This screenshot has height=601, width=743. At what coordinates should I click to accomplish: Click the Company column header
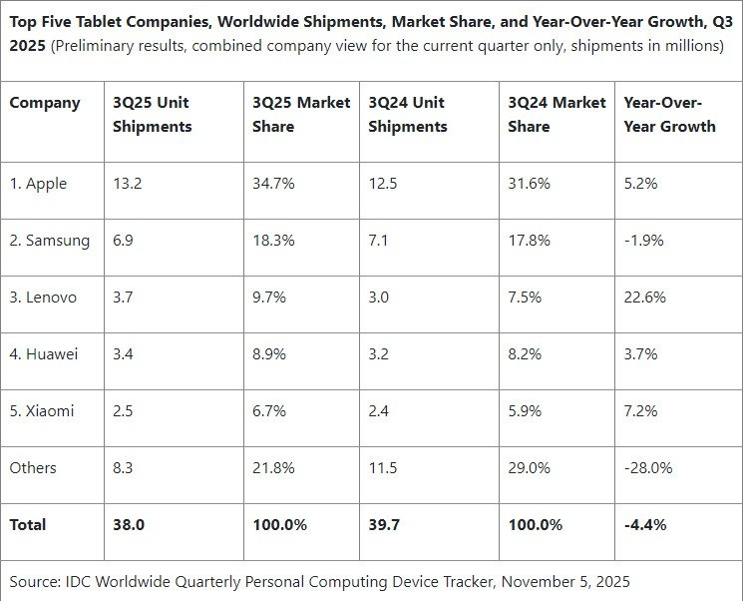45,103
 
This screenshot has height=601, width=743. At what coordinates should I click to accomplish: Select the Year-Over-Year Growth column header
669,114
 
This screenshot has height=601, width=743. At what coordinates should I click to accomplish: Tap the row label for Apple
41,184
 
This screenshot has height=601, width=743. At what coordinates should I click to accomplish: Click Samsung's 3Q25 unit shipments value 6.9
124,241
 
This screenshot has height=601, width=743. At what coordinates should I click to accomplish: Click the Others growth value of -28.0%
648,468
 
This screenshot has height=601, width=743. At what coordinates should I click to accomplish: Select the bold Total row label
28,524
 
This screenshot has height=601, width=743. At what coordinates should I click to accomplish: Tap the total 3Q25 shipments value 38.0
129,524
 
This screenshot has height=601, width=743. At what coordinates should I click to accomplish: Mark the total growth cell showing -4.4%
646,524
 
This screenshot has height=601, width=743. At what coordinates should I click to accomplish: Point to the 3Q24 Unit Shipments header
407,114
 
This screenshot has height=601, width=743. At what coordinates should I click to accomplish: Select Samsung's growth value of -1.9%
644,241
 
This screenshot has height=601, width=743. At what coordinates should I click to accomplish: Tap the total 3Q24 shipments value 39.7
385,524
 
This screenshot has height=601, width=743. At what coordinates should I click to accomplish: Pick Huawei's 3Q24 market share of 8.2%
527,354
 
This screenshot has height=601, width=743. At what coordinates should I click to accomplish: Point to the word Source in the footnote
35,580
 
